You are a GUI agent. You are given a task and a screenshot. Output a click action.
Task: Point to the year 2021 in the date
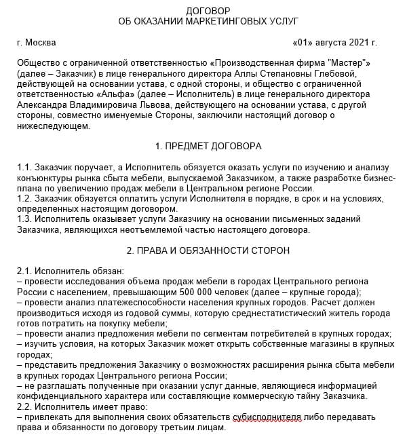(x=358, y=43)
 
